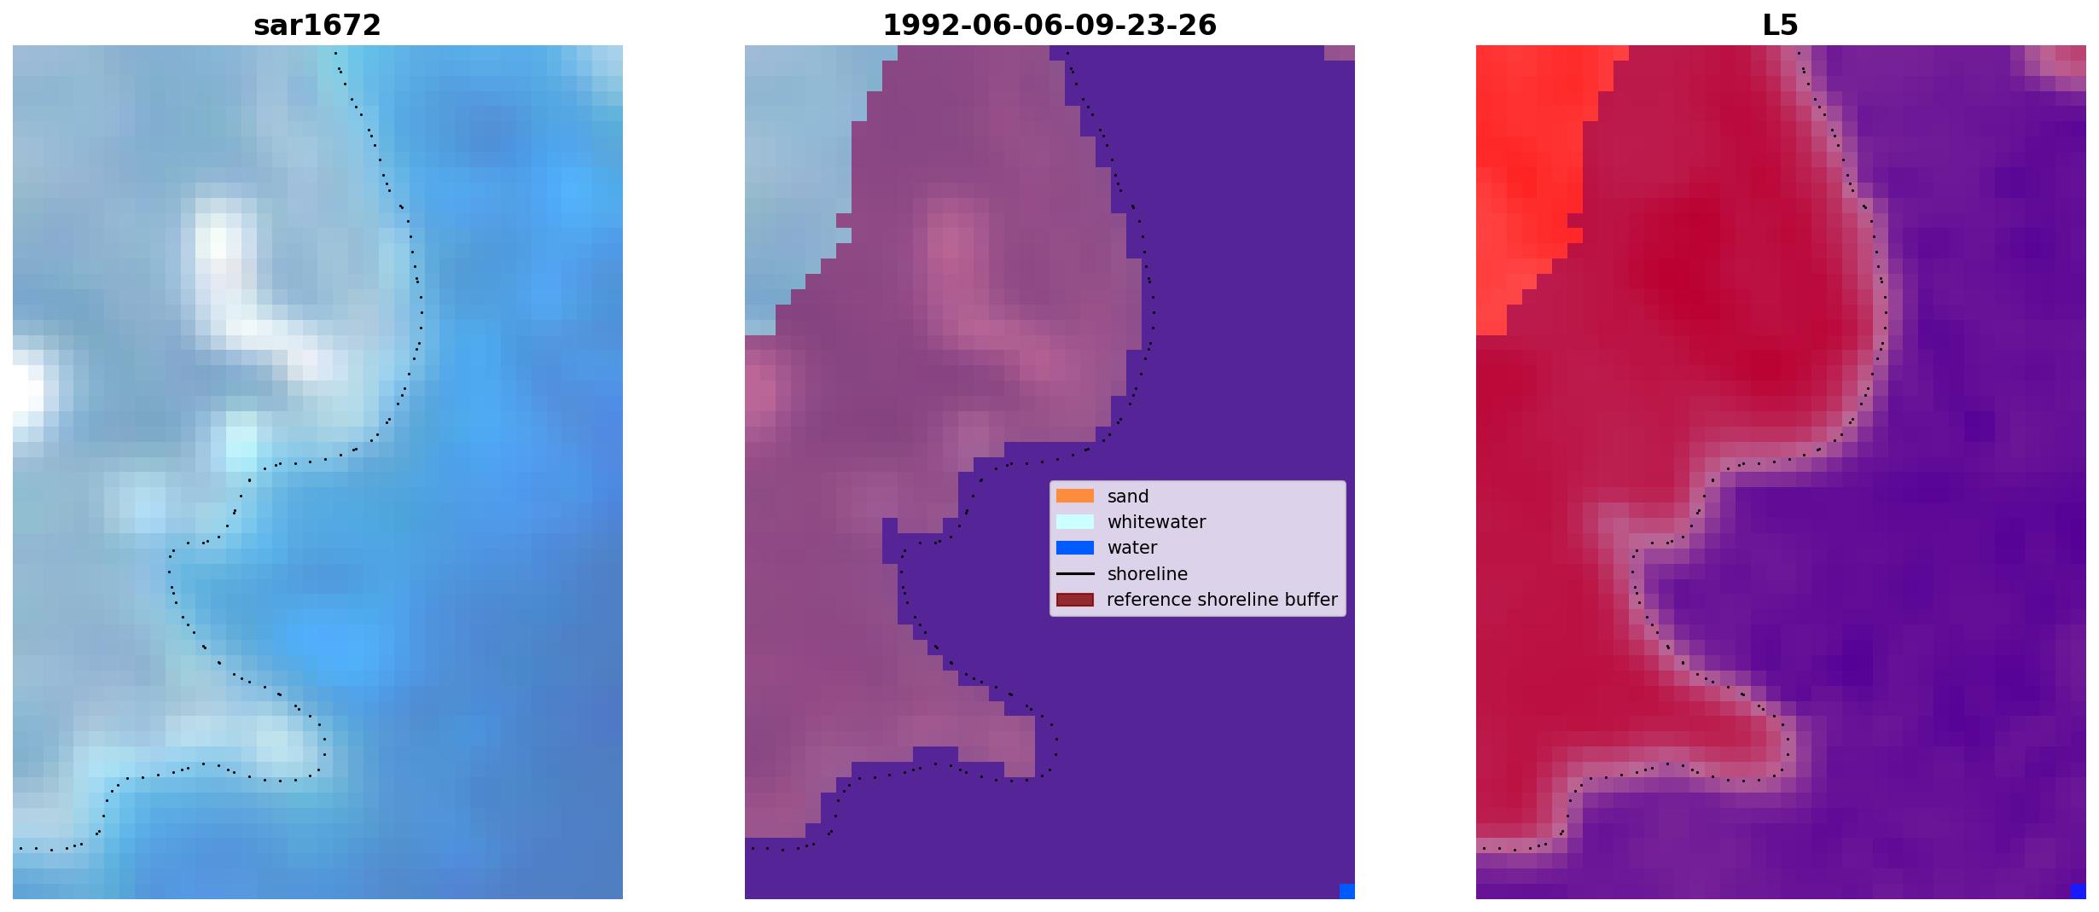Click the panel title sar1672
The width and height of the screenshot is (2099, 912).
click(317, 26)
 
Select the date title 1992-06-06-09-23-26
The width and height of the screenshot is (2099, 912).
click(1049, 26)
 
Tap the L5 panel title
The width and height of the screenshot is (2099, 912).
click(1781, 26)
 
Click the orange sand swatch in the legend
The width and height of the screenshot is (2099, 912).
click(1075, 496)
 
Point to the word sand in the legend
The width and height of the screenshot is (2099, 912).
click(1128, 497)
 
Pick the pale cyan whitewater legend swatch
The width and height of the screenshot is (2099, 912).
click(1075, 521)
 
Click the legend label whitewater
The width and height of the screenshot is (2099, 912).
click(1156, 522)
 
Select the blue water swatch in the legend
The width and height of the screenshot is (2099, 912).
click(1075, 548)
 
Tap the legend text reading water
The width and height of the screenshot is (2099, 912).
click(1132, 548)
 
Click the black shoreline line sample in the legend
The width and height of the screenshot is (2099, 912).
click(1075, 573)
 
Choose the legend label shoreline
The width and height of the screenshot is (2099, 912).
click(1147, 574)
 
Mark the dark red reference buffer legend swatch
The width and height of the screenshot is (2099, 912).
click(1075, 600)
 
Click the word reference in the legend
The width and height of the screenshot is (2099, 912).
click(1148, 600)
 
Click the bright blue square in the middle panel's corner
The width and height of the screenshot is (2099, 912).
click(1347, 892)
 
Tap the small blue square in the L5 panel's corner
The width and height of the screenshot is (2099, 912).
click(2079, 892)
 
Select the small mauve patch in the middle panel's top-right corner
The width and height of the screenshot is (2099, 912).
click(1340, 53)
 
